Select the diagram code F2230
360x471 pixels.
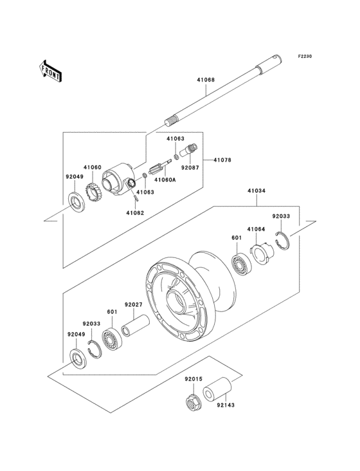[x=305, y=57]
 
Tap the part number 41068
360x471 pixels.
[x=206, y=80]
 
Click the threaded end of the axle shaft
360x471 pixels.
[x=173, y=120]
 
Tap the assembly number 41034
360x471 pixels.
[x=255, y=191]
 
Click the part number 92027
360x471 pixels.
[x=133, y=304]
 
